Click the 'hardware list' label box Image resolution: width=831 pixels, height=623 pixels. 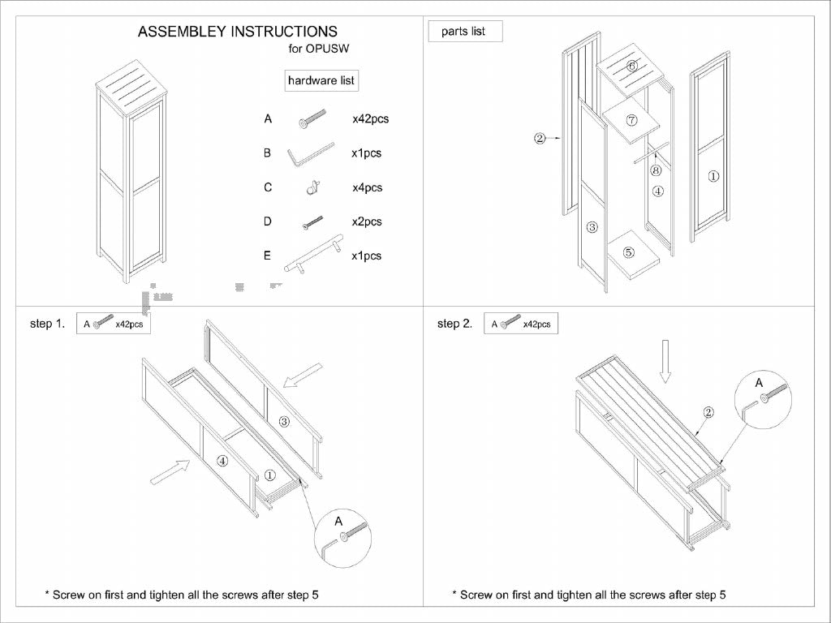(321, 80)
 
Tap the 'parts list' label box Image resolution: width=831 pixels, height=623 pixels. (463, 32)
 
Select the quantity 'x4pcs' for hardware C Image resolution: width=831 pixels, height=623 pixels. (367, 187)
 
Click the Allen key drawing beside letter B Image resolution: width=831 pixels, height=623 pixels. (310, 153)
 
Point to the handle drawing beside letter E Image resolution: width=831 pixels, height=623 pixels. (310, 258)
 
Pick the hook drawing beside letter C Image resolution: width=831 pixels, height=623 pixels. (310, 188)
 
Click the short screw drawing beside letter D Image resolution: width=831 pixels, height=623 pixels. (312, 221)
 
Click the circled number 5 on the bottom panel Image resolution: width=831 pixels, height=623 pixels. (629, 252)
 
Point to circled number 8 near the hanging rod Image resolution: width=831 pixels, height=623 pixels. (656, 170)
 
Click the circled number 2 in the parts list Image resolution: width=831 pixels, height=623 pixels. (540, 139)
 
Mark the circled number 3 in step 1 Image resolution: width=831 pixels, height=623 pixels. (284, 421)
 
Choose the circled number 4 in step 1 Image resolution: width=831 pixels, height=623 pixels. (222, 461)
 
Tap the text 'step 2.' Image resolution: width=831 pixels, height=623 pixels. (454, 324)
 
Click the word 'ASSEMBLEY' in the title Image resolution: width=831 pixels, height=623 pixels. (183, 32)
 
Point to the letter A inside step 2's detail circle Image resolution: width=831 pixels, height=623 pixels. (760, 381)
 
